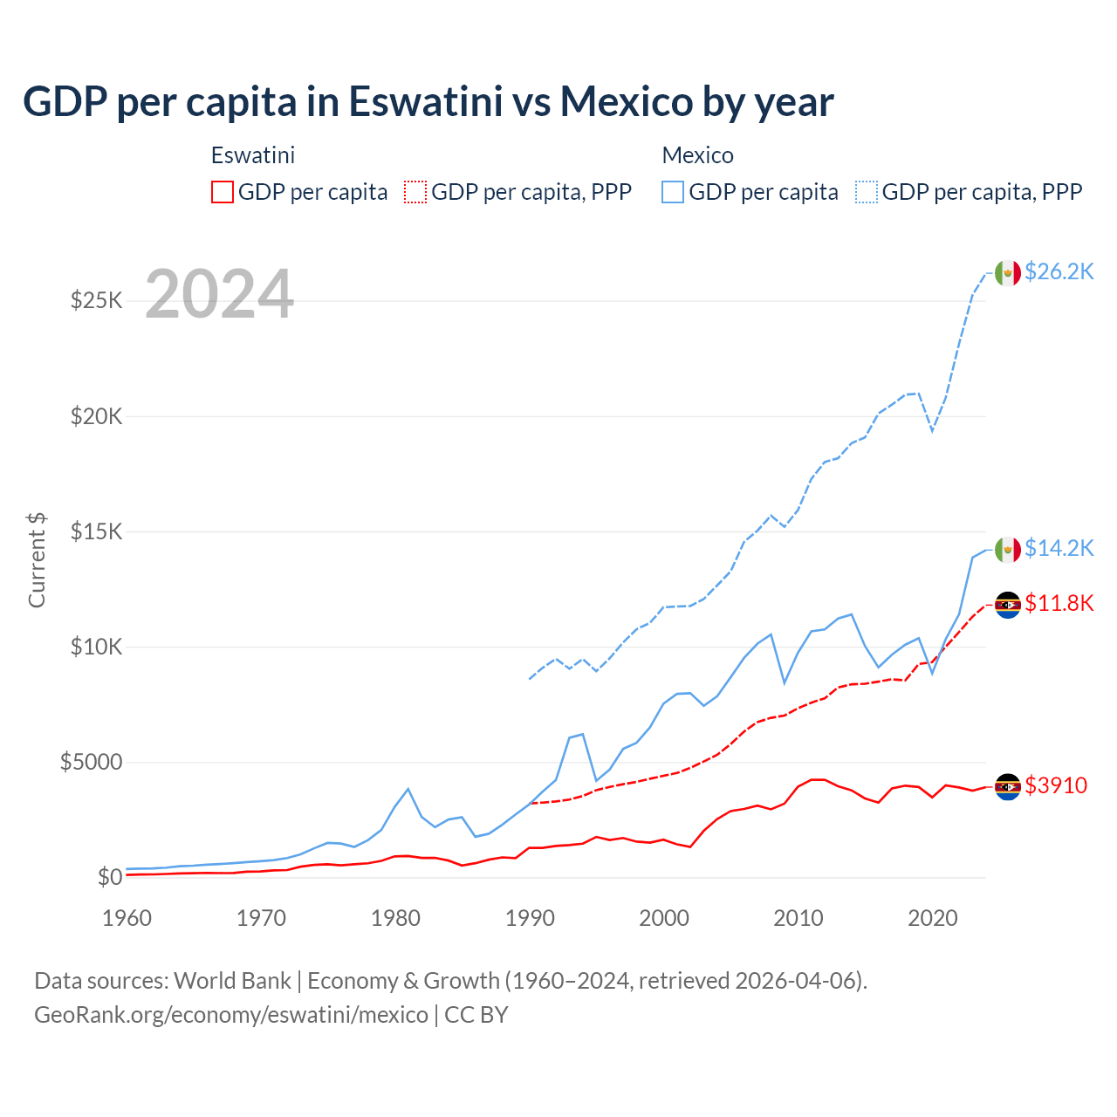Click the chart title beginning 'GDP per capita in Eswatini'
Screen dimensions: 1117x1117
click(x=428, y=101)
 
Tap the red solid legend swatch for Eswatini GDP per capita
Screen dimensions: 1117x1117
click(x=223, y=192)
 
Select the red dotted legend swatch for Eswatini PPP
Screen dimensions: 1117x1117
click(x=416, y=192)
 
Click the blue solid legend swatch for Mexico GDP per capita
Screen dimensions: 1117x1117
click(x=673, y=192)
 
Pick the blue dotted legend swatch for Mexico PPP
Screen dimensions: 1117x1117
click(x=867, y=192)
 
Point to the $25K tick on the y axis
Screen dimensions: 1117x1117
click(x=96, y=301)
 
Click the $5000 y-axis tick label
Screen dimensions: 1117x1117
click(x=91, y=762)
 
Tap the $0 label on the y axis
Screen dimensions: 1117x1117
click(x=109, y=877)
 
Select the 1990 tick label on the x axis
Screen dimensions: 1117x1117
click(x=530, y=918)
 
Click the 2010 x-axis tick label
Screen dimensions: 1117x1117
click(x=798, y=918)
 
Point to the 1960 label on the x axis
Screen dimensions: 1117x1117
click(x=127, y=918)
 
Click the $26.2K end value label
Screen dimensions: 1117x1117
click(x=1059, y=272)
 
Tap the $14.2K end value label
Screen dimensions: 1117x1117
click(x=1059, y=548)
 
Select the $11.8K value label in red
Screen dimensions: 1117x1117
click(x=1059, y=604)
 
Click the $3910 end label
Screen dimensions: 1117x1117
click(x=1056, y=785)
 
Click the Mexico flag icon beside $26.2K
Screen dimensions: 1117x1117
click(x=1008, y=273)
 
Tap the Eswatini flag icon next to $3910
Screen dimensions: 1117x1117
click(x=1008, y=786)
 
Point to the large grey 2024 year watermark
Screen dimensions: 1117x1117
click(x=219, y=294)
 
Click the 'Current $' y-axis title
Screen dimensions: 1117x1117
click(x=37, y=560)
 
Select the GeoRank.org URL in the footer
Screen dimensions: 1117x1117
click(x=231, y=1015)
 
